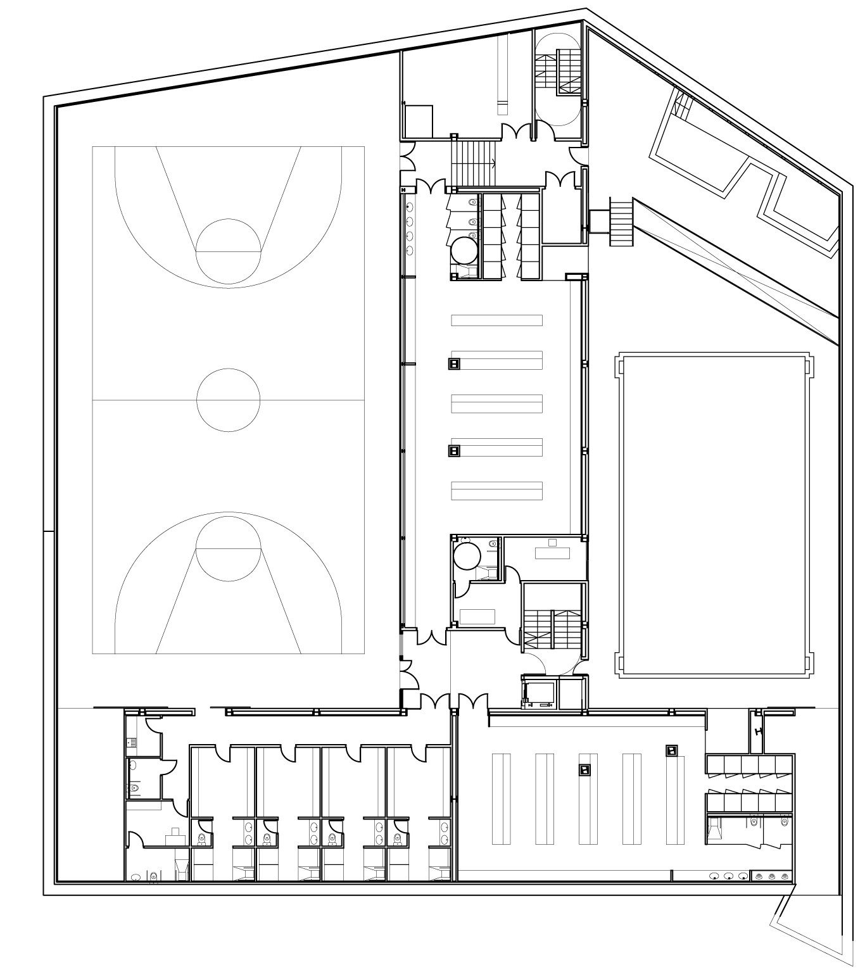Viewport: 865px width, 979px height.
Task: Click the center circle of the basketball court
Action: point(228,400)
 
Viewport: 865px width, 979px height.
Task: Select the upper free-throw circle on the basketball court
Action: point(228,251)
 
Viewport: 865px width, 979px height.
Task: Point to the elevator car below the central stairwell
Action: point(539,694)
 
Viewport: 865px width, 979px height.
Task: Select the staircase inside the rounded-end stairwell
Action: point(559,73)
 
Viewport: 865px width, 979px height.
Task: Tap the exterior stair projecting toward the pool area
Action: point(621,222)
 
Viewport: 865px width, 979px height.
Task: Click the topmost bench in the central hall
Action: point(497,320)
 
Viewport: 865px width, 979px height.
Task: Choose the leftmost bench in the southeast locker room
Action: point(500,799)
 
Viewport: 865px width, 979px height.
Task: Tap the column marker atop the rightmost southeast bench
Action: point(671,750)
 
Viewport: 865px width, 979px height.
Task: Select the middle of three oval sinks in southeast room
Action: point(729,877)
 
